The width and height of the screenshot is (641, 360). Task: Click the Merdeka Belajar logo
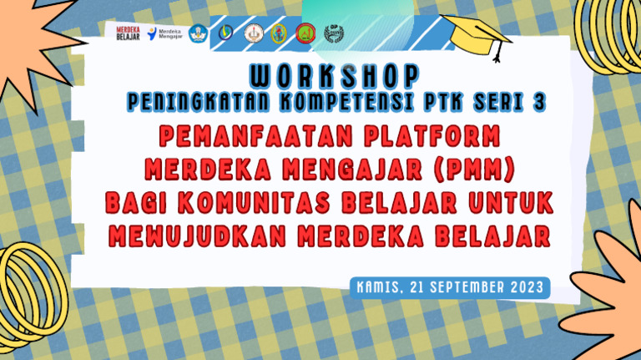click(129, 33)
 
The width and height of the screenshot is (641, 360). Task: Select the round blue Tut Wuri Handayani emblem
click(198, 33)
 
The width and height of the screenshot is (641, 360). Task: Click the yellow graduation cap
click(478, 34)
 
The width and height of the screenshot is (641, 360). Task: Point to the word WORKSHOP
click(334, 76)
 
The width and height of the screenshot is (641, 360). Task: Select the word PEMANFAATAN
click(231, 134)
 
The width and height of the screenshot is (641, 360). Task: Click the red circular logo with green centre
click(305, 33)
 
